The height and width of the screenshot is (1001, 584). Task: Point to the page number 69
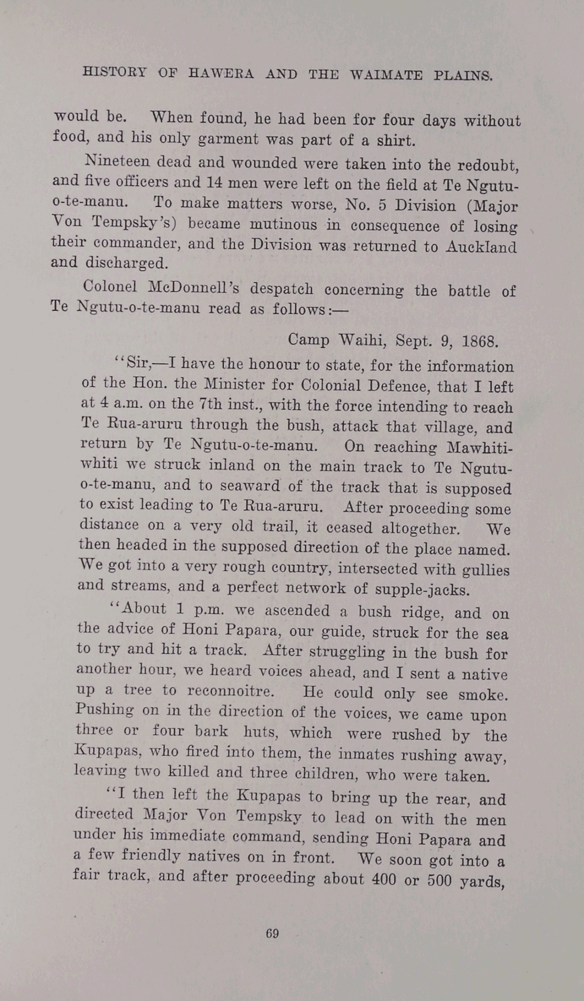[x=272, y=933]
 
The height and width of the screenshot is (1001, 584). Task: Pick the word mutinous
[x=283, y=225]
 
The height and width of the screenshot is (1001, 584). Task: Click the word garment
[x=224, y=139]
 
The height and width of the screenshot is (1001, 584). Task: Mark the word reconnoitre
[x=231, y=691]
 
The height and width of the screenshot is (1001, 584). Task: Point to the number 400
[x=384, y=879]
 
